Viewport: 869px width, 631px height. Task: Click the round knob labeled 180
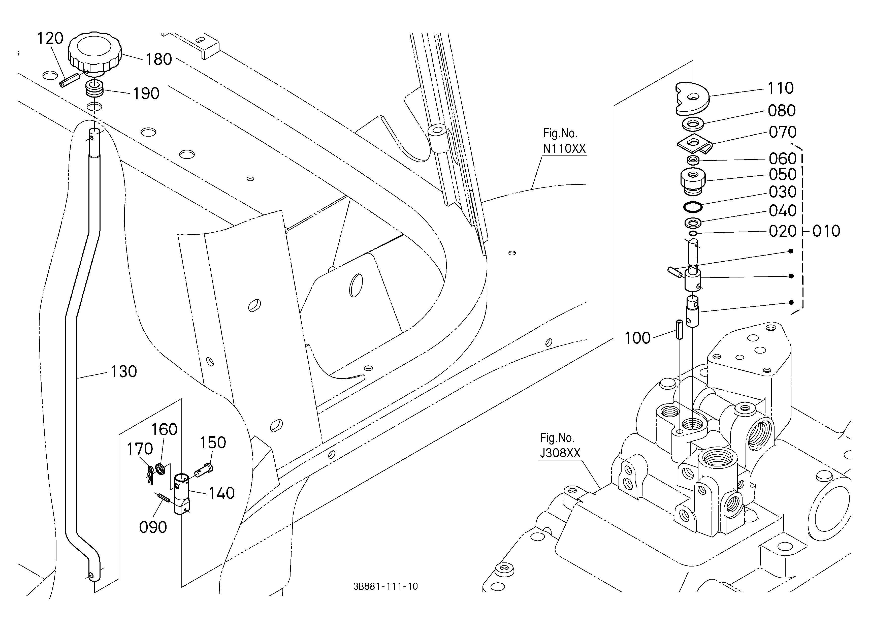(95, 54)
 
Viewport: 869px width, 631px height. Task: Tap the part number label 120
(50, 38)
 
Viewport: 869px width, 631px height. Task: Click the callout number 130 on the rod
(123, 372)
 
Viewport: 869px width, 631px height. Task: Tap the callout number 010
(826, 231)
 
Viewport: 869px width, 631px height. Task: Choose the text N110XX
(564, 149)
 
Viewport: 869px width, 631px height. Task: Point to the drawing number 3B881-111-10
(385, 586)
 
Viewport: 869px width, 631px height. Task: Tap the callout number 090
(153, 528)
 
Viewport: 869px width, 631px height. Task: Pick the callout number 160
(164, 429)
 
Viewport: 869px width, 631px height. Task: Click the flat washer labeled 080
(693, 124)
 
